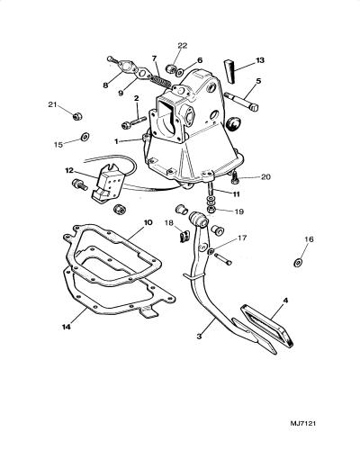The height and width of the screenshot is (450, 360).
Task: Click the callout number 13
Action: click(260, 60)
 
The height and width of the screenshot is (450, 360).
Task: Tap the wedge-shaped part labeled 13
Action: click(229, 71)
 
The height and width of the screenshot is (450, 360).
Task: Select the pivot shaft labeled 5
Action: click(241, 102)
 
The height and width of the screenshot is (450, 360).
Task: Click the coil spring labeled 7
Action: click(160, 80)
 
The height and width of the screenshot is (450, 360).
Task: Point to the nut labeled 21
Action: click(77, 115)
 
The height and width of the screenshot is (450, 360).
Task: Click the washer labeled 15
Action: click(85, 137)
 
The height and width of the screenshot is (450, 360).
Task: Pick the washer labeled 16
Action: click(298, 263)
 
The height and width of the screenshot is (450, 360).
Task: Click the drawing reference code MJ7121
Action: click(303, 415)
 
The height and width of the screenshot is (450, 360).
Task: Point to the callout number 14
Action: click(67, 327)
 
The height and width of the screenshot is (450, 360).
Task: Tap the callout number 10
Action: click(148, 222)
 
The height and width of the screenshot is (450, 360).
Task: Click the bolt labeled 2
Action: click(134, 123)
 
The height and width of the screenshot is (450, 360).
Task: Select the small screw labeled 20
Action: click(234, 179)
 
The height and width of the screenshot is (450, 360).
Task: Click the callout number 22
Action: click(183, 45)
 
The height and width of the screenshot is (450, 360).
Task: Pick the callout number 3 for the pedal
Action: click(199, 337)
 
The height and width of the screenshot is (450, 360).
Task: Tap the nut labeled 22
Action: click(172, 69)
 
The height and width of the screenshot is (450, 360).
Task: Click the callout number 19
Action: click(239, 211)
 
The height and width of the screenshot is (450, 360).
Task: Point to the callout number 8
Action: click(105, 85)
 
